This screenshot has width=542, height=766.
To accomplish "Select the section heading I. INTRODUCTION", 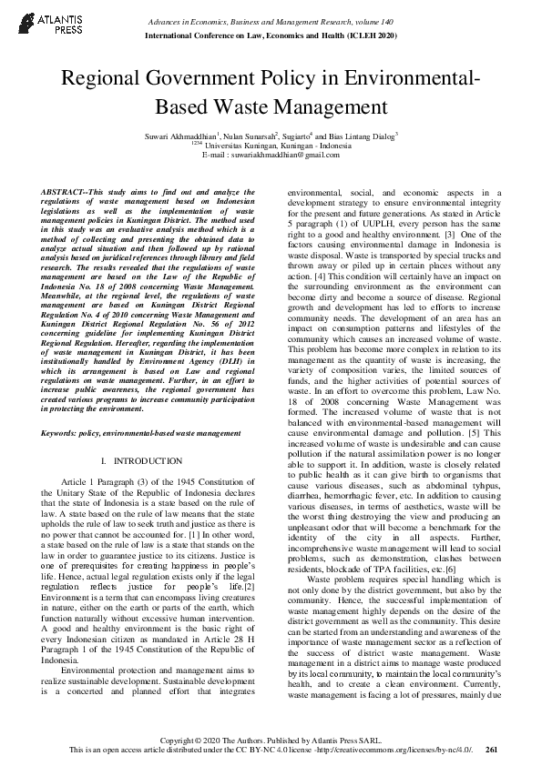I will point(144,462).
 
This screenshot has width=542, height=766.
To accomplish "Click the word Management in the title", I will point(341,107).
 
